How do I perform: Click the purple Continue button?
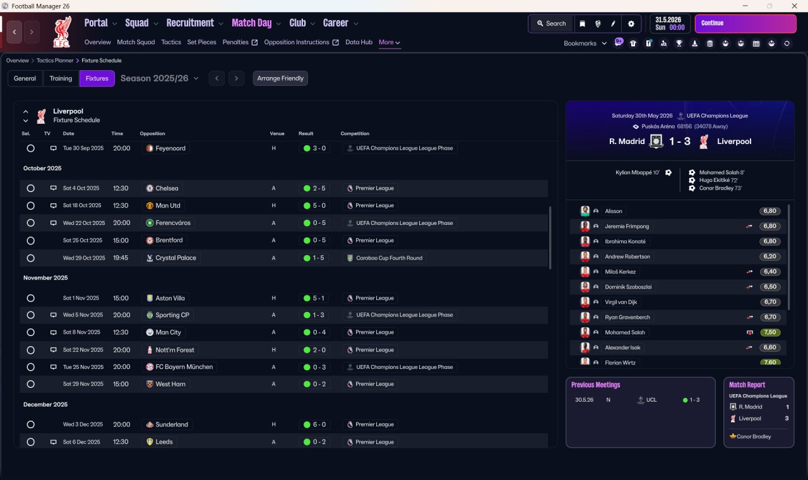[x=746, y=23]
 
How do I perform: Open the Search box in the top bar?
[x=551, y=23]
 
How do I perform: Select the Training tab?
[x=61, y=78]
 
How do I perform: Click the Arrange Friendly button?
[x=280, y=78]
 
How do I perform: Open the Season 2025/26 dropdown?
[x=159, y=78]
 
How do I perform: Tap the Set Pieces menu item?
[x=201, y=42]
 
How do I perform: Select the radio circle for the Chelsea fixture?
[x=31, y=188]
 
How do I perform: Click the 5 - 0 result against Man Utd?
[x=315, y=206]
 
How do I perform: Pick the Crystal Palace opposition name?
[x=175, y=258]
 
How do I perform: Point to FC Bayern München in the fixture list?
[x=184, y=367]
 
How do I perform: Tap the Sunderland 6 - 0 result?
[x=315, y=425]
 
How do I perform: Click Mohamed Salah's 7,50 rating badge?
[x=769, y=332]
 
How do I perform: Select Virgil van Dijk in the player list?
[x=621, y=302]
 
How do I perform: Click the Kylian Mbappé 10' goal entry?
[x=638, y=172]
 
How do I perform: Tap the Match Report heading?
[x=747, y=385]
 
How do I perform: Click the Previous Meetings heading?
[x=595, y=385]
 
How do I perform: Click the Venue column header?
[x=277, y=133]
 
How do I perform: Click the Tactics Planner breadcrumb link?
[x=55, y=61]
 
